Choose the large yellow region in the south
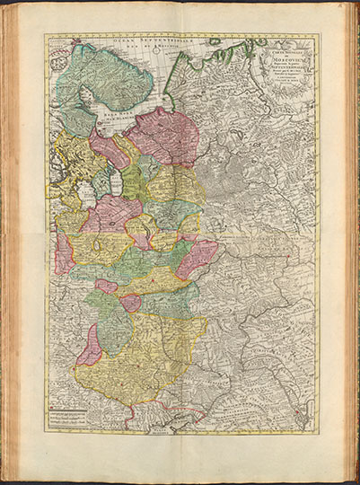tap(135, 359)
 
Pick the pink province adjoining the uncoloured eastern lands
tap(198, 259)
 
